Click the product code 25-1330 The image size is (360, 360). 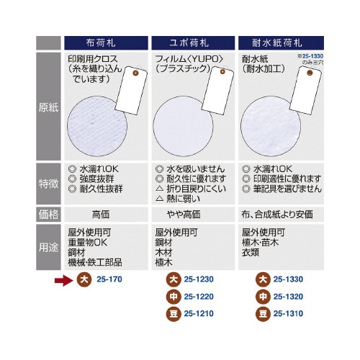(x=289, y=280)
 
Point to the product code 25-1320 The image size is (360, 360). (x=289, y=297)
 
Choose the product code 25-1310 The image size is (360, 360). (x=289, y=313)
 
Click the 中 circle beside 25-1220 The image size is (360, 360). (x=173, y=297)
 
